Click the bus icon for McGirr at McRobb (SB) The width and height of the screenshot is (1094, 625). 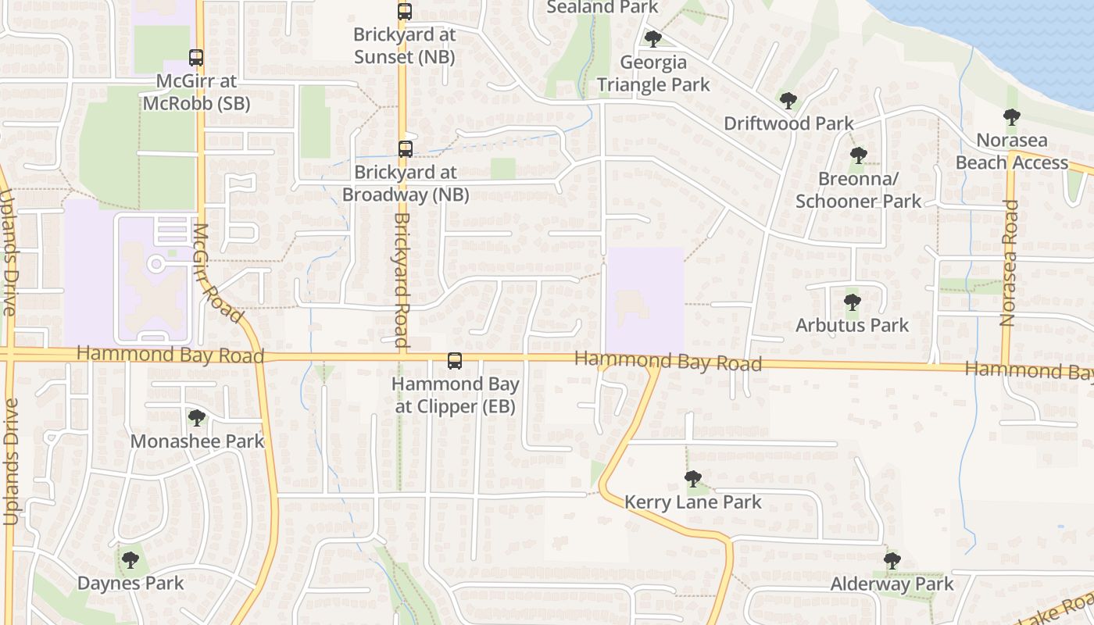(195, 58)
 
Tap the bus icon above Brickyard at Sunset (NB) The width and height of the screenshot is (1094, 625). (404, 12)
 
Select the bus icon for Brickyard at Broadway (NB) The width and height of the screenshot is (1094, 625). (405, 149)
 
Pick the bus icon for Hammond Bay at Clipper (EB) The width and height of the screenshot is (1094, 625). (454, 361)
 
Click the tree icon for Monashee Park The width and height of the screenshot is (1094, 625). (197, 418)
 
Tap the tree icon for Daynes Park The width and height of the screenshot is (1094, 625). (130, 560)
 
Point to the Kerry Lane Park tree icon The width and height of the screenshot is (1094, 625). (692, 479)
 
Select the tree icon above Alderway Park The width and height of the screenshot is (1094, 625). (892, 561)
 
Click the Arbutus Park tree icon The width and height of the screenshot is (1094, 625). (852, 302)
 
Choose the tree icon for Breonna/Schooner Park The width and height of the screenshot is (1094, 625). (858, 156)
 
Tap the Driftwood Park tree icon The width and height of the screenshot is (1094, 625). (788, 101)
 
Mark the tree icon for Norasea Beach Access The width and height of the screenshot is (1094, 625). (1012, 118)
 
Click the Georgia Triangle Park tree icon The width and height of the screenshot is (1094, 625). (653, 39)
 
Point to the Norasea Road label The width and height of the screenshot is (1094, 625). (1009, 262)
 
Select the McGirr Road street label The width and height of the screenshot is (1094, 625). (216, 273)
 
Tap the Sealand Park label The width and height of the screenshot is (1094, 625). (602, 7)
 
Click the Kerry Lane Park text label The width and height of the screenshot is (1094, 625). (692, 502)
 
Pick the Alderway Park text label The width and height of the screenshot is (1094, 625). (892, 584)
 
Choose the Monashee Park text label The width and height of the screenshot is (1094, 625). (197, 441)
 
